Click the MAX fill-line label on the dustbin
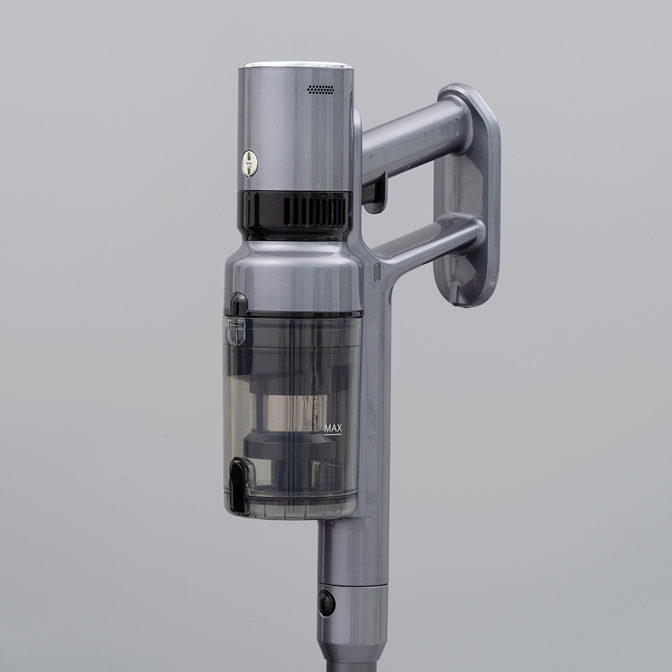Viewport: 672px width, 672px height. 333,428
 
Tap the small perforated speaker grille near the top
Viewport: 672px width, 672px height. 321,89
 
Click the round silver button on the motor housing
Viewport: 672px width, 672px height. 250,163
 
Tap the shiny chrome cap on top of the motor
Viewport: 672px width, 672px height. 296,65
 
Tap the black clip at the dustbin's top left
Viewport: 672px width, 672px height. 238,304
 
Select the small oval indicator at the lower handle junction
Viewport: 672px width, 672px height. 377,272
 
